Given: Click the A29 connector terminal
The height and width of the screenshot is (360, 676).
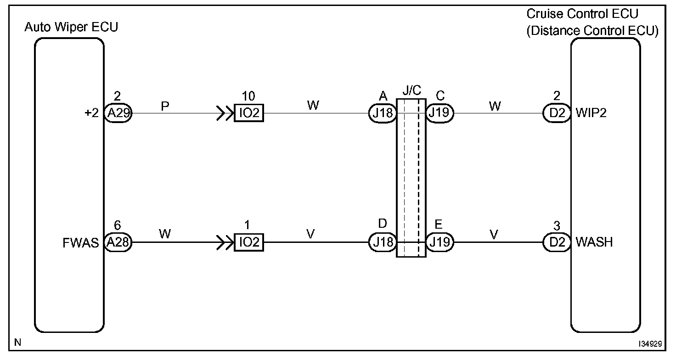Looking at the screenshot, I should pyautogui.click(x=118, y=113).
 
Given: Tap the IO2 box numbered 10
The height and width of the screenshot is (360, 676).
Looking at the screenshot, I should pyautogui.click(x=249, y=113).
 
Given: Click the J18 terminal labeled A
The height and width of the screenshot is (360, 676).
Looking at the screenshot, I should pyautogui.click(x=383, y=113).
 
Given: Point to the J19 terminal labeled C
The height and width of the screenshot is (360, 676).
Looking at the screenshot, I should pyautogui.click(x=440, y=113).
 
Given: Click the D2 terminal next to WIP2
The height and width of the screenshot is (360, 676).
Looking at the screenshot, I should pyautogui.click(x=557, y=113).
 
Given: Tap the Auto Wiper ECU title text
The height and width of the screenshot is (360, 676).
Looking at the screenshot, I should pyautogui.click(x=71, y=27).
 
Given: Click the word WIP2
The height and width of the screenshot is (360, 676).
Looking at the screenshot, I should pyautogui.click(x=591, y=113).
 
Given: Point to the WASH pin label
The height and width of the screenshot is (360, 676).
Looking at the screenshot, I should pyautogui.click(x=594, y=242).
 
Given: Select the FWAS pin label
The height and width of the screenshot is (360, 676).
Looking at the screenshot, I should pyautogui.click(x=81, y=242).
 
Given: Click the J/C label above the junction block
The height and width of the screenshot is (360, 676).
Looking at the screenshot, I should pyautogui.click(x=411, y=90).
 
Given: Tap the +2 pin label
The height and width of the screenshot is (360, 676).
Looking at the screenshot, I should pyautogui.click(x=92, y=113).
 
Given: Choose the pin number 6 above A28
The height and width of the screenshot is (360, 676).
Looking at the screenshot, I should pyautogui.click(x=118, y=225).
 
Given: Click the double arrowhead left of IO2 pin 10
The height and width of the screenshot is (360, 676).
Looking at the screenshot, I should pyautogui.click(x=224, y=113).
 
